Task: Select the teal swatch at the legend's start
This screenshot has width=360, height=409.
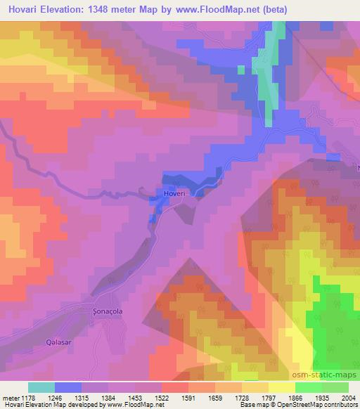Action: (x=41, y=387)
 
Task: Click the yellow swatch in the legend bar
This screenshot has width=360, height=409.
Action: (x=282, y=387)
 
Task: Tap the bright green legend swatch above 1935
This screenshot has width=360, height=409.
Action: (x=309, y=387)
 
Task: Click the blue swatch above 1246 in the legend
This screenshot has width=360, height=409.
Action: (x=68, y=387)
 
